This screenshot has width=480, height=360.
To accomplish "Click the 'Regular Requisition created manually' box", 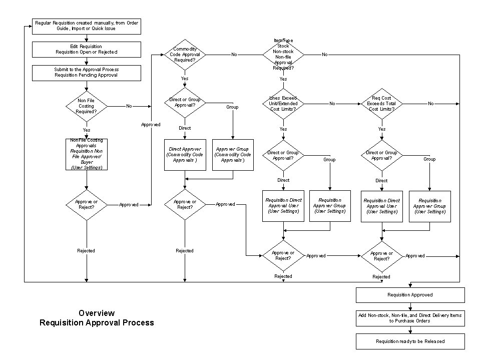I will pos(87,26).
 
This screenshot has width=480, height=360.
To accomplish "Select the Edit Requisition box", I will pos(87,49).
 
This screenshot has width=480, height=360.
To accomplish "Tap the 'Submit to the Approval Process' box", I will pos(87,72).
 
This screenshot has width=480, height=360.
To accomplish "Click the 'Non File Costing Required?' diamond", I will pos(87,106).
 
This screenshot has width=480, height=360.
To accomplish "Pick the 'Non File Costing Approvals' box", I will pos(87,154).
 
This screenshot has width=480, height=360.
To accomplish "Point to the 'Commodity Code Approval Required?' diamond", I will pos(185,54).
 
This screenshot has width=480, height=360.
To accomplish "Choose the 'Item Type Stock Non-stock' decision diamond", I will pos(283,54).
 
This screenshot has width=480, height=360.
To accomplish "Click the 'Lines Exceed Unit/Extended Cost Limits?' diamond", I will pos(283,103).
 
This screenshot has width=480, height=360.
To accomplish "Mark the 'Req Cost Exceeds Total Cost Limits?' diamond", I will pos(381,103).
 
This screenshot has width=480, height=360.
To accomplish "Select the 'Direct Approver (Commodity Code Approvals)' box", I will pos(185,155).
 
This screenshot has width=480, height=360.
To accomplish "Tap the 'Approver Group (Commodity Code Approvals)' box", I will pos(233,155).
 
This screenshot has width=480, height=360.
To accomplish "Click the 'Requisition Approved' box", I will pos(410,295).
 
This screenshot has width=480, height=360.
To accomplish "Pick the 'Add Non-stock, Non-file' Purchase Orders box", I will pos(410,318).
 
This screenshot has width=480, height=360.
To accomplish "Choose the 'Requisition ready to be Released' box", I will pos(410,341).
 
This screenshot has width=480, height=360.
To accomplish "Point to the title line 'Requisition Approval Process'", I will pos(97,323).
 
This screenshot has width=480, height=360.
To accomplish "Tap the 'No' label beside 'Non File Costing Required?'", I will pos(129,106).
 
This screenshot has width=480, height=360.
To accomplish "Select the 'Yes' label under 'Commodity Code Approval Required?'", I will pos(185,79).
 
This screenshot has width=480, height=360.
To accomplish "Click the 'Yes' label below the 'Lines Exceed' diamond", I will pos(283,129).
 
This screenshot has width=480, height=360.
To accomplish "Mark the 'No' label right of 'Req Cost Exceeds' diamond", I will pos(431,103).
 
